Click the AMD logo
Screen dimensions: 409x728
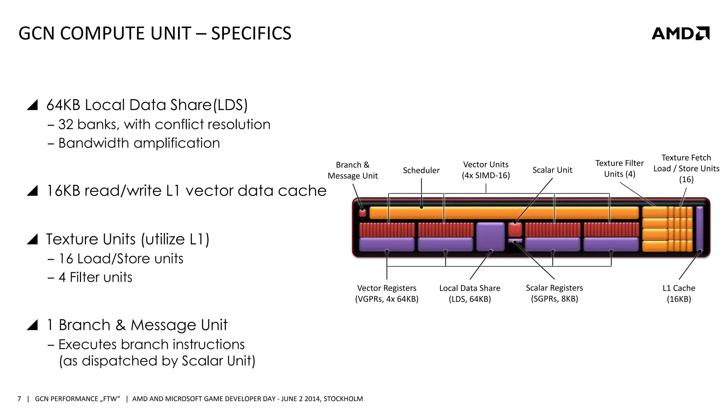click(680, 33)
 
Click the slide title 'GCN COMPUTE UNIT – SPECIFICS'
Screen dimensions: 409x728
click(155, 33)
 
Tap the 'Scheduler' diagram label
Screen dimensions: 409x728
click(421, 170)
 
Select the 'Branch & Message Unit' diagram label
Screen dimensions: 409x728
click(353, 170)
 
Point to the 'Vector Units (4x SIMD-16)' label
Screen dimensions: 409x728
click(486, 170)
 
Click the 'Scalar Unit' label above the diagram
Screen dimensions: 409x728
click(552, 170)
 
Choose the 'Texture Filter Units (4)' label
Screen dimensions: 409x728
click(619, 169)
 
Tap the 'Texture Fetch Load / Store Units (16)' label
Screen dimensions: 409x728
click(686, 168)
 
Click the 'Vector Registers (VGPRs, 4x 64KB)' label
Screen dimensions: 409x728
click(387, 293)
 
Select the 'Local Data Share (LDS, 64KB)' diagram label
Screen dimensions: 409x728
click(470, 293)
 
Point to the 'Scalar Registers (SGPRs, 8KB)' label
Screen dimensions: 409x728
click(554, 293)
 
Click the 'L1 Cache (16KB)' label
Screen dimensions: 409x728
click(679, 293)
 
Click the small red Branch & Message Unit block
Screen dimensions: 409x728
click(363, 213)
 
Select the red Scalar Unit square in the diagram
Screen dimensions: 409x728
click(515, 229)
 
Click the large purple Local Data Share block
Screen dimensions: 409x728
click(490, 236)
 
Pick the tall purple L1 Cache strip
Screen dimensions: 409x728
click(699, 229)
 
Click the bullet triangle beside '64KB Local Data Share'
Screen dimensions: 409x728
click(32, 105)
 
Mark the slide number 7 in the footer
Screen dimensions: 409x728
click(19, 399)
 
